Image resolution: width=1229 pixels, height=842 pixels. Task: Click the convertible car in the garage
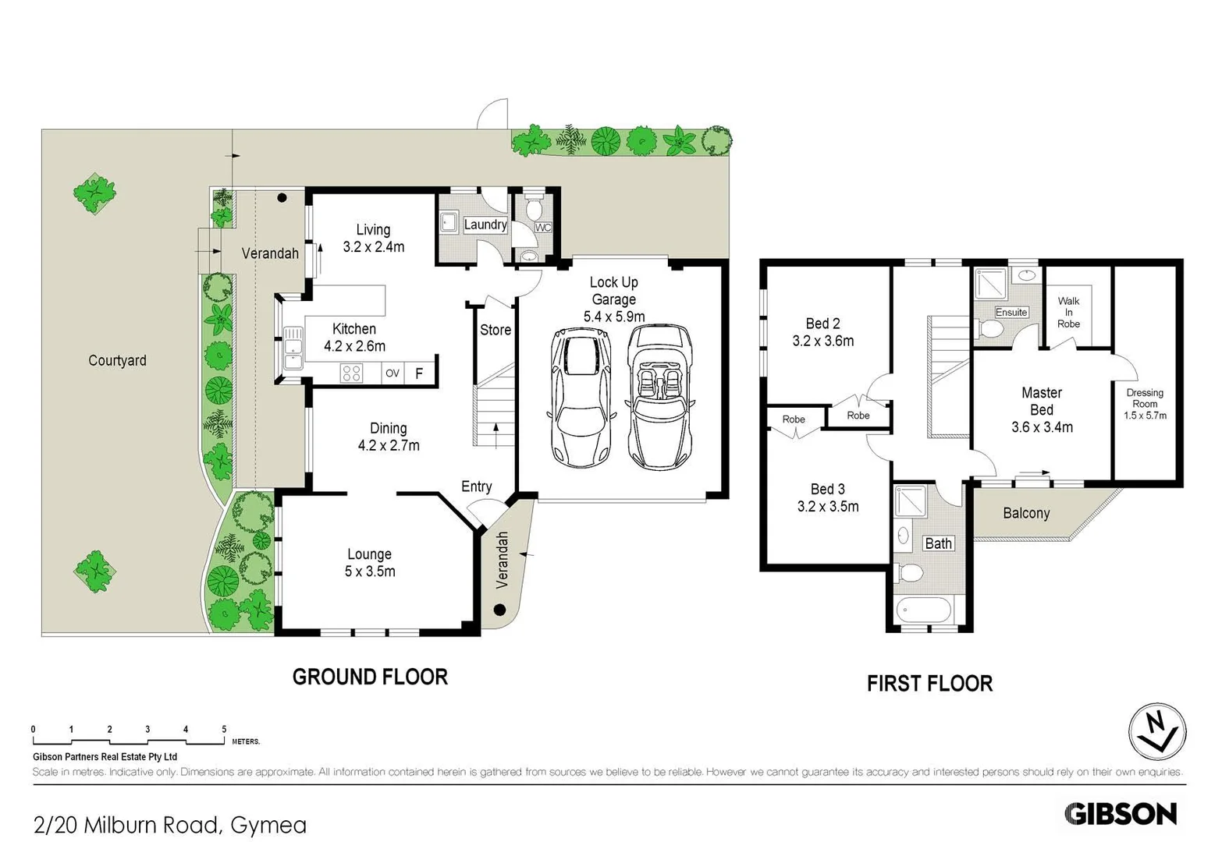point(660,397)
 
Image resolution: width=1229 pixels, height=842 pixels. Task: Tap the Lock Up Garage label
point(614,299)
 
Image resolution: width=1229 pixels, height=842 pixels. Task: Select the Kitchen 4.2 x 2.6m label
point(355,338)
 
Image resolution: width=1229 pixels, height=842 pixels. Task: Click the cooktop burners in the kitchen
point(351,373)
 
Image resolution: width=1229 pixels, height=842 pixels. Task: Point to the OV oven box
point(392,373)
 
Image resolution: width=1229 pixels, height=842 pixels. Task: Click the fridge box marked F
point(419,373)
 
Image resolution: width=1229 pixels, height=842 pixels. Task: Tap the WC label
point(543,228)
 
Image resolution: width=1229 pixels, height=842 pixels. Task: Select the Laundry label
point(485,225)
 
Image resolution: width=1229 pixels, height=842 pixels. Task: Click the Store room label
point(496,330)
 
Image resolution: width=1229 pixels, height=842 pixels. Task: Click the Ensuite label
point(1011,312)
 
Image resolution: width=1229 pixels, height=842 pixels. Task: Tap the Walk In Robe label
point(1068,312)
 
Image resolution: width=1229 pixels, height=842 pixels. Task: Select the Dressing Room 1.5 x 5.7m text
point(1145,404)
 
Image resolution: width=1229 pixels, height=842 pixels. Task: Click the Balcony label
point(1026,513)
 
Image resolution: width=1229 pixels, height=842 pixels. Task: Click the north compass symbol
point(1157,732)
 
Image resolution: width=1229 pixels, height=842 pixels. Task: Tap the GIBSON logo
point(1121,814)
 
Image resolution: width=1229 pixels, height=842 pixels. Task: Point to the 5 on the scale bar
point(224,730)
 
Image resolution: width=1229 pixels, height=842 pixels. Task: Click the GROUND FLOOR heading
point(370,677)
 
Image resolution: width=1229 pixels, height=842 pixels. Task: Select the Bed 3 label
point(828,497)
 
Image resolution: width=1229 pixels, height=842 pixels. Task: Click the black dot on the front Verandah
point(500,610)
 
